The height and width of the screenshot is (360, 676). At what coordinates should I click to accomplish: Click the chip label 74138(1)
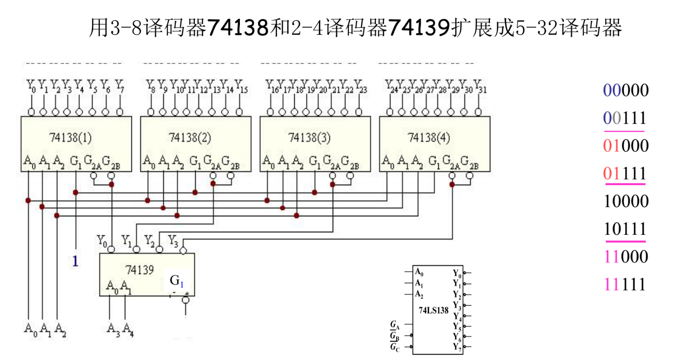coord(70,138)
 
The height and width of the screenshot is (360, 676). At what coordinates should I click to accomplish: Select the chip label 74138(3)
coord(309,138)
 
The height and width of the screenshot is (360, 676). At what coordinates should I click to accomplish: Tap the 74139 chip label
coord(139,270)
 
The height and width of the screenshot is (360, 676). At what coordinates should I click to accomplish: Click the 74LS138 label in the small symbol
coord(433,311)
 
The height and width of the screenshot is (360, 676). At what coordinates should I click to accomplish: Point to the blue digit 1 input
coord(75,261)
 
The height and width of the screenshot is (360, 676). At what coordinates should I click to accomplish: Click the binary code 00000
coord(626,90)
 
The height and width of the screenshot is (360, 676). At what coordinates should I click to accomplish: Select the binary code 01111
coord(625,173)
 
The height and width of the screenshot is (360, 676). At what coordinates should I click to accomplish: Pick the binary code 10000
coord(626,201)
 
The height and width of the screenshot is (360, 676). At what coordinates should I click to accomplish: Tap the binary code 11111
coord(625,285)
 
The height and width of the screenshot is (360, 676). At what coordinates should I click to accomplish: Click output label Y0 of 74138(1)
coord(31,85)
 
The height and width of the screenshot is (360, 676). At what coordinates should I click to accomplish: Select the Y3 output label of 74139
coord(173,240)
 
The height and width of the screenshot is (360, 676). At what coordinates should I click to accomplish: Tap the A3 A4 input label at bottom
coord(120,328)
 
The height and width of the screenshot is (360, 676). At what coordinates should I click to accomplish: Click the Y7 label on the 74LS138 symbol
coord(457,347)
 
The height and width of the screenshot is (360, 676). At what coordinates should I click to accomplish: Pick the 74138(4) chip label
coord(429,138)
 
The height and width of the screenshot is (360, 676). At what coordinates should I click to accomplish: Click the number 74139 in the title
coord(419,28)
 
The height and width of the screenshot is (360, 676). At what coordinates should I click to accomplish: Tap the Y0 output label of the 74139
coord(102,240)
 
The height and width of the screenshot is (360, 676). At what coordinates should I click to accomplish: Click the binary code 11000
coord(626,257)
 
